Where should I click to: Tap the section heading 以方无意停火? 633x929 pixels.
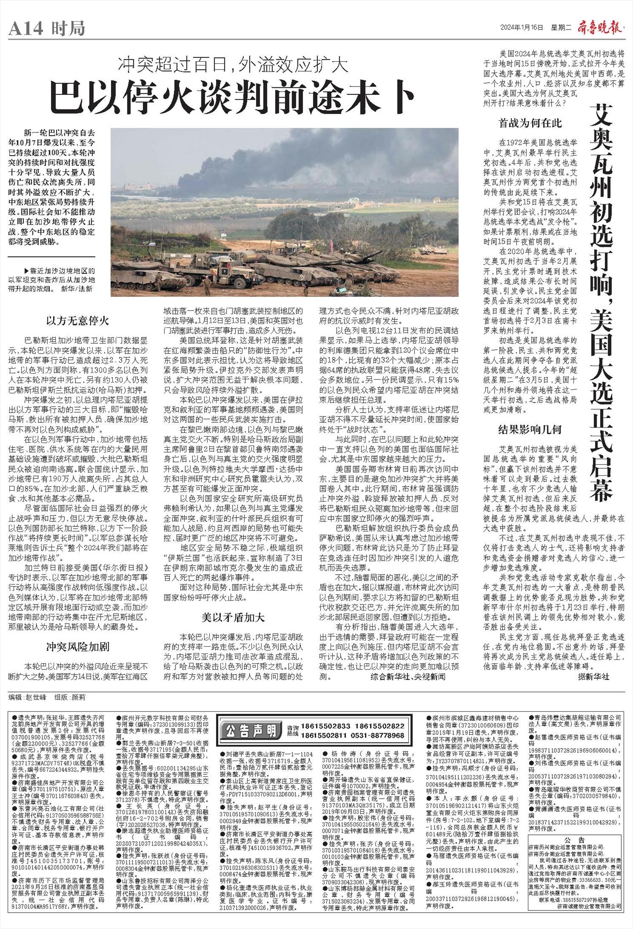[78, 321]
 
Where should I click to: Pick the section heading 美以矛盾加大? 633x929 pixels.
[233, 617]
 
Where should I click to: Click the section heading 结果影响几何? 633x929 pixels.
[530, 430]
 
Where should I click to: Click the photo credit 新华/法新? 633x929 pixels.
[78, 289]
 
